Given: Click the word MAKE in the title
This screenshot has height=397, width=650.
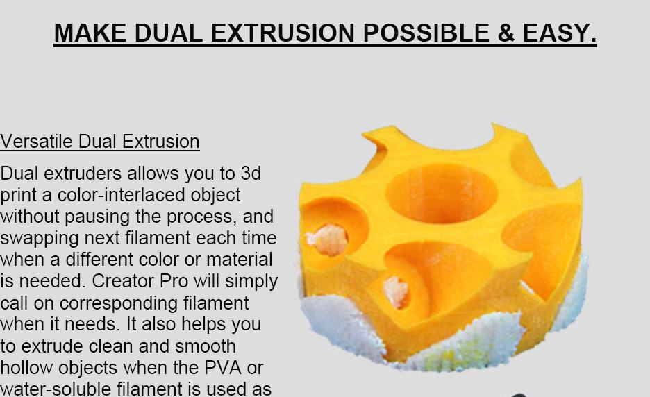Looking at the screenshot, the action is coord(90,33).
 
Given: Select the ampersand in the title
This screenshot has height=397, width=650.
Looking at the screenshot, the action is coord(506,33).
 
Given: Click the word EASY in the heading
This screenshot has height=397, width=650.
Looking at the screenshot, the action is coord(560,33).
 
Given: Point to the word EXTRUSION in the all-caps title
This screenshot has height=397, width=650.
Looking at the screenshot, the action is coord(283,33).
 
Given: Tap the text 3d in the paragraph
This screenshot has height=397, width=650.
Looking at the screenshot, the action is coord(251,174).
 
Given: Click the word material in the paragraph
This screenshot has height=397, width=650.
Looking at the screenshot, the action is coord(239,260).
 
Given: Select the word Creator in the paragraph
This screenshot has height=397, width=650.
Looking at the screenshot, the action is coord(123,281).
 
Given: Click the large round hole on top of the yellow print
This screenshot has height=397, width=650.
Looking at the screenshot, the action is coord(441,194).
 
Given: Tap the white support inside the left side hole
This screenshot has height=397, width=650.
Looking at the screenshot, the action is coord(327,239).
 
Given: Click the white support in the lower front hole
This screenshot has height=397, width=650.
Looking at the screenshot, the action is coord(395,292).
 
